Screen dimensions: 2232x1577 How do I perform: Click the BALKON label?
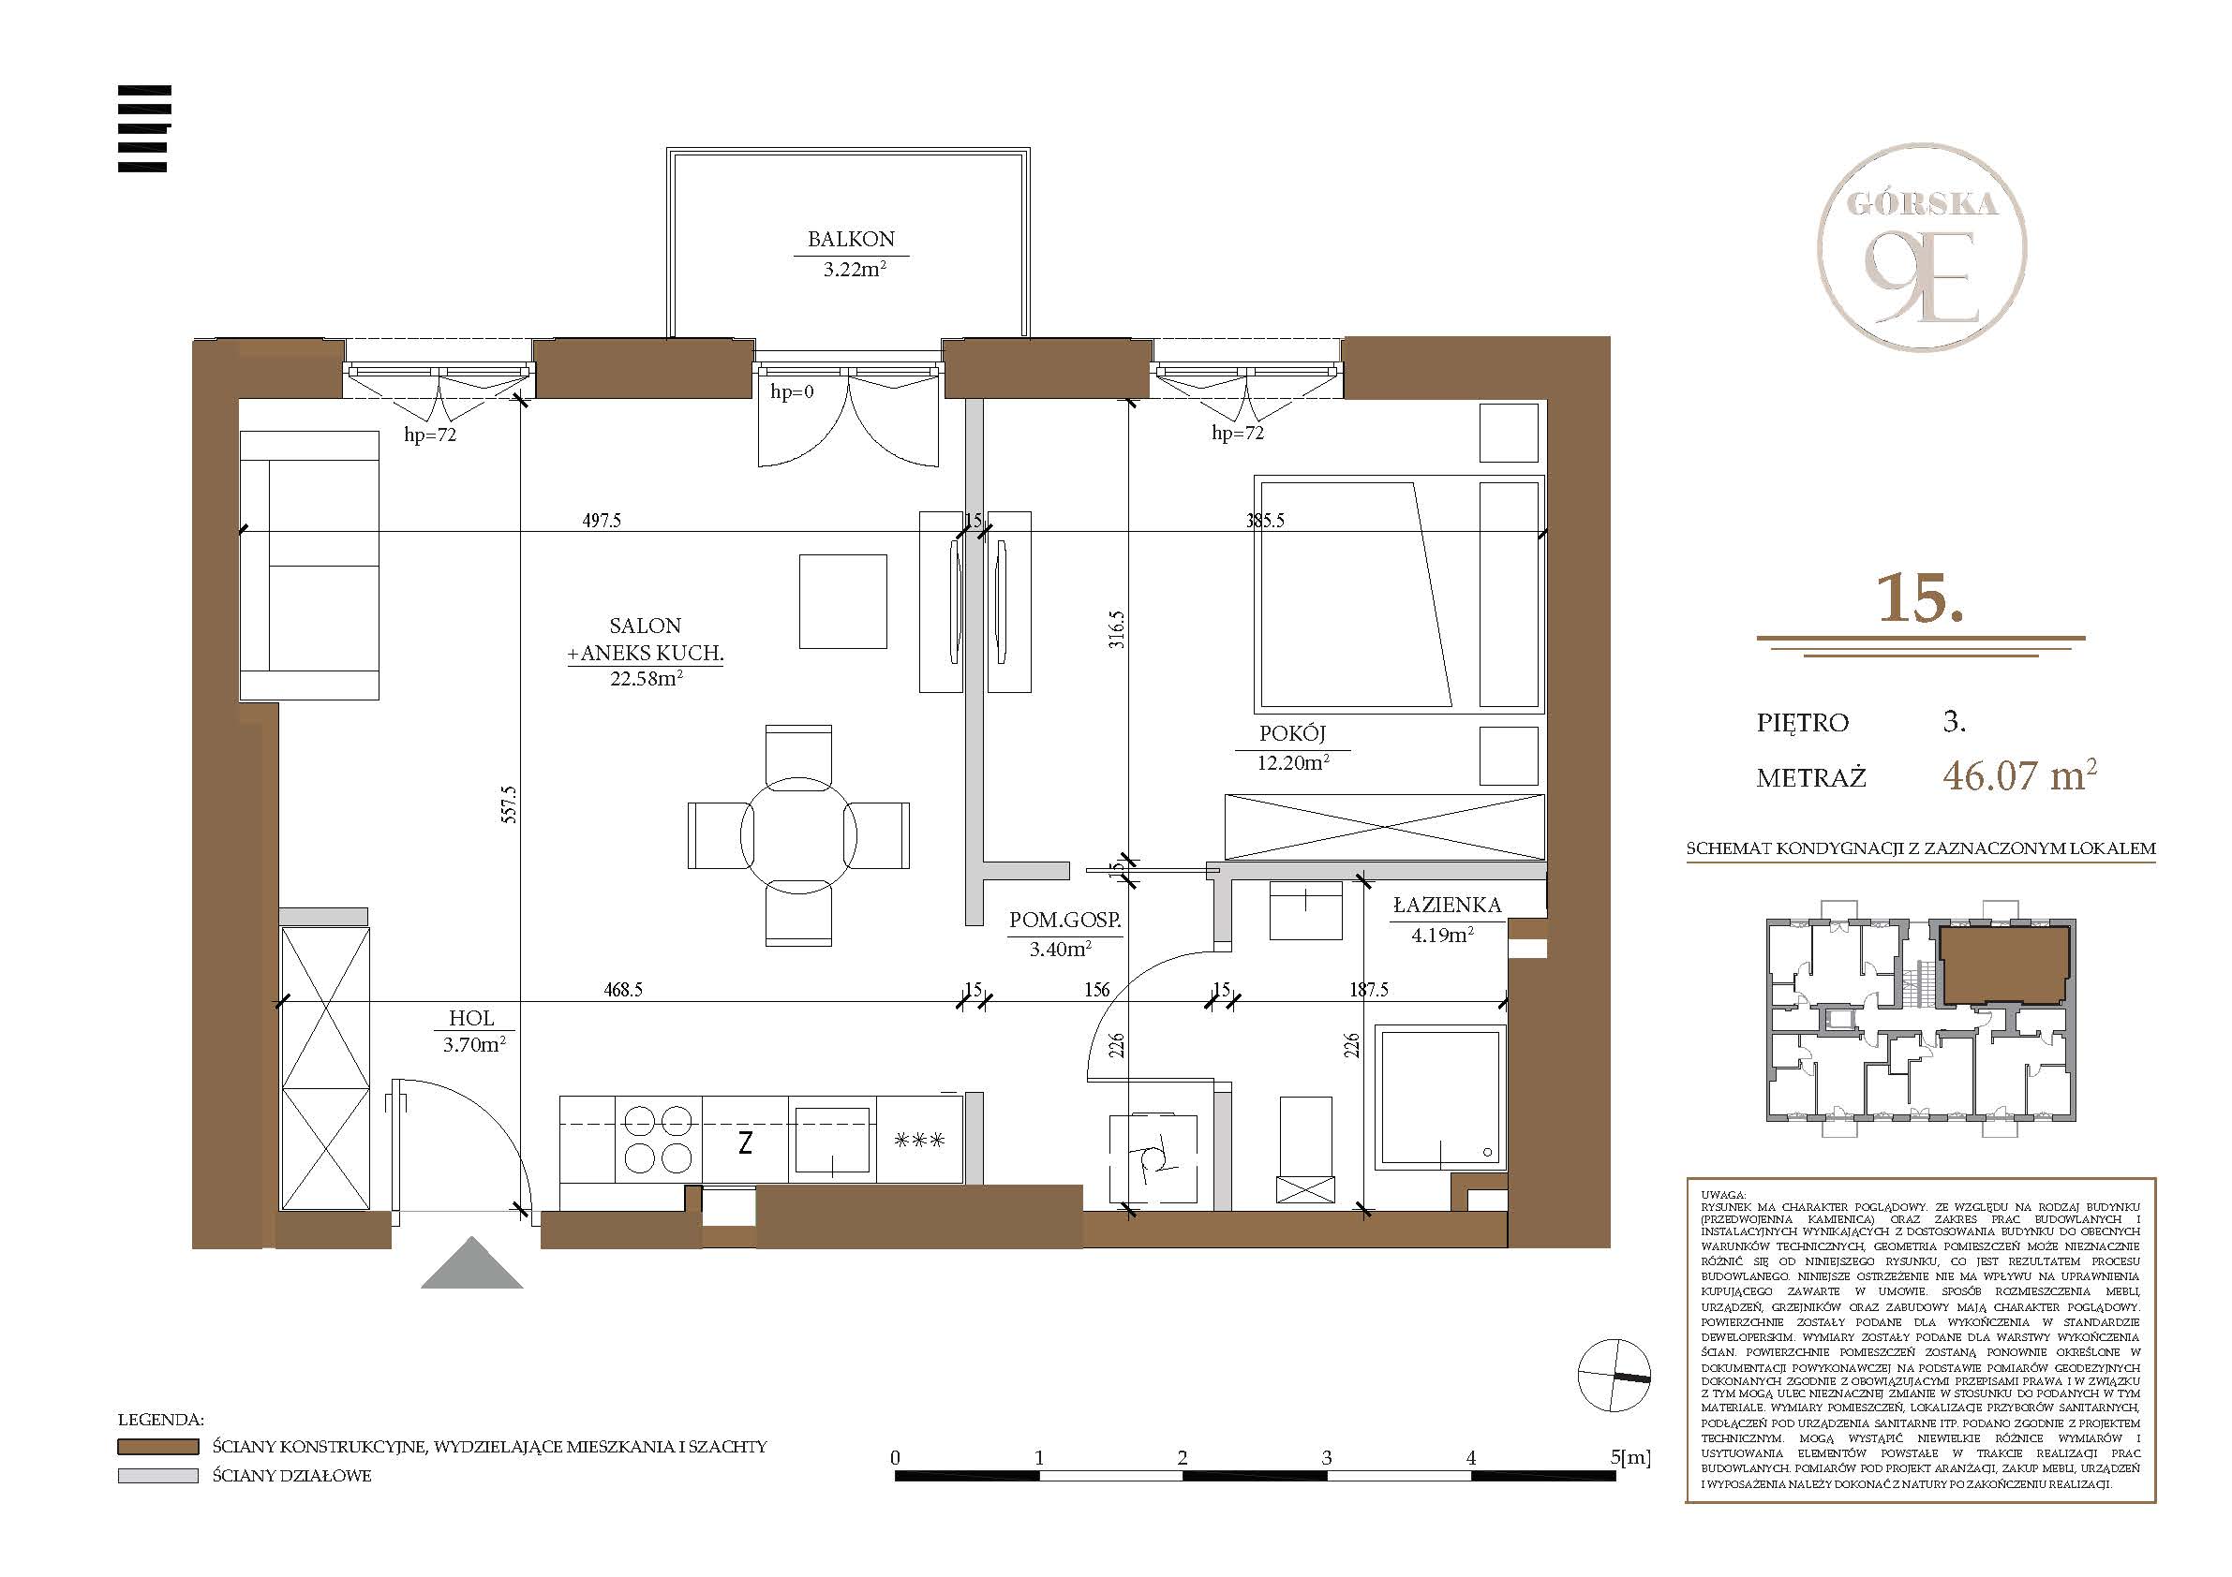pos(851,239)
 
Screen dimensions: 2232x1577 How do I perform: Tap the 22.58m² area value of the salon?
pos(647,678)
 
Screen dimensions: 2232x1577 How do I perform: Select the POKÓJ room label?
pos(1292,733)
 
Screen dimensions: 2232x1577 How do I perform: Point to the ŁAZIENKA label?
pos(1447,905)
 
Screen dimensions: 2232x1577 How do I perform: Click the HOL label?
pos(471,1018)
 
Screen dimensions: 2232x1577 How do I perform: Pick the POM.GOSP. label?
pos(1064,920)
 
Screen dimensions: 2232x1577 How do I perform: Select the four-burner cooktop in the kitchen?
pos(658,1140)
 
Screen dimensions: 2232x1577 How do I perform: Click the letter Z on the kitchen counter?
pos(745,1142)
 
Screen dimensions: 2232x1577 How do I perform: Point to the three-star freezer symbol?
pos(918,1140)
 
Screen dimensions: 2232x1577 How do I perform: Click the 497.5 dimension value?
pos(602,521)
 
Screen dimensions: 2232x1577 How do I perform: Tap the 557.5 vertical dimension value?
pos(509,804)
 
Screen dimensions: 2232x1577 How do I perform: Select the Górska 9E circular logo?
pos(1922,247)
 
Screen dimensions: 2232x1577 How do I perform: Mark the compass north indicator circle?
pos(1614,1375)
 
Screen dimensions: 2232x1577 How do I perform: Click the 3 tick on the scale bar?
pos(1327,1457)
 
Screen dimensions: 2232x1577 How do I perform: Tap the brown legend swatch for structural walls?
pos(157,1447)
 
